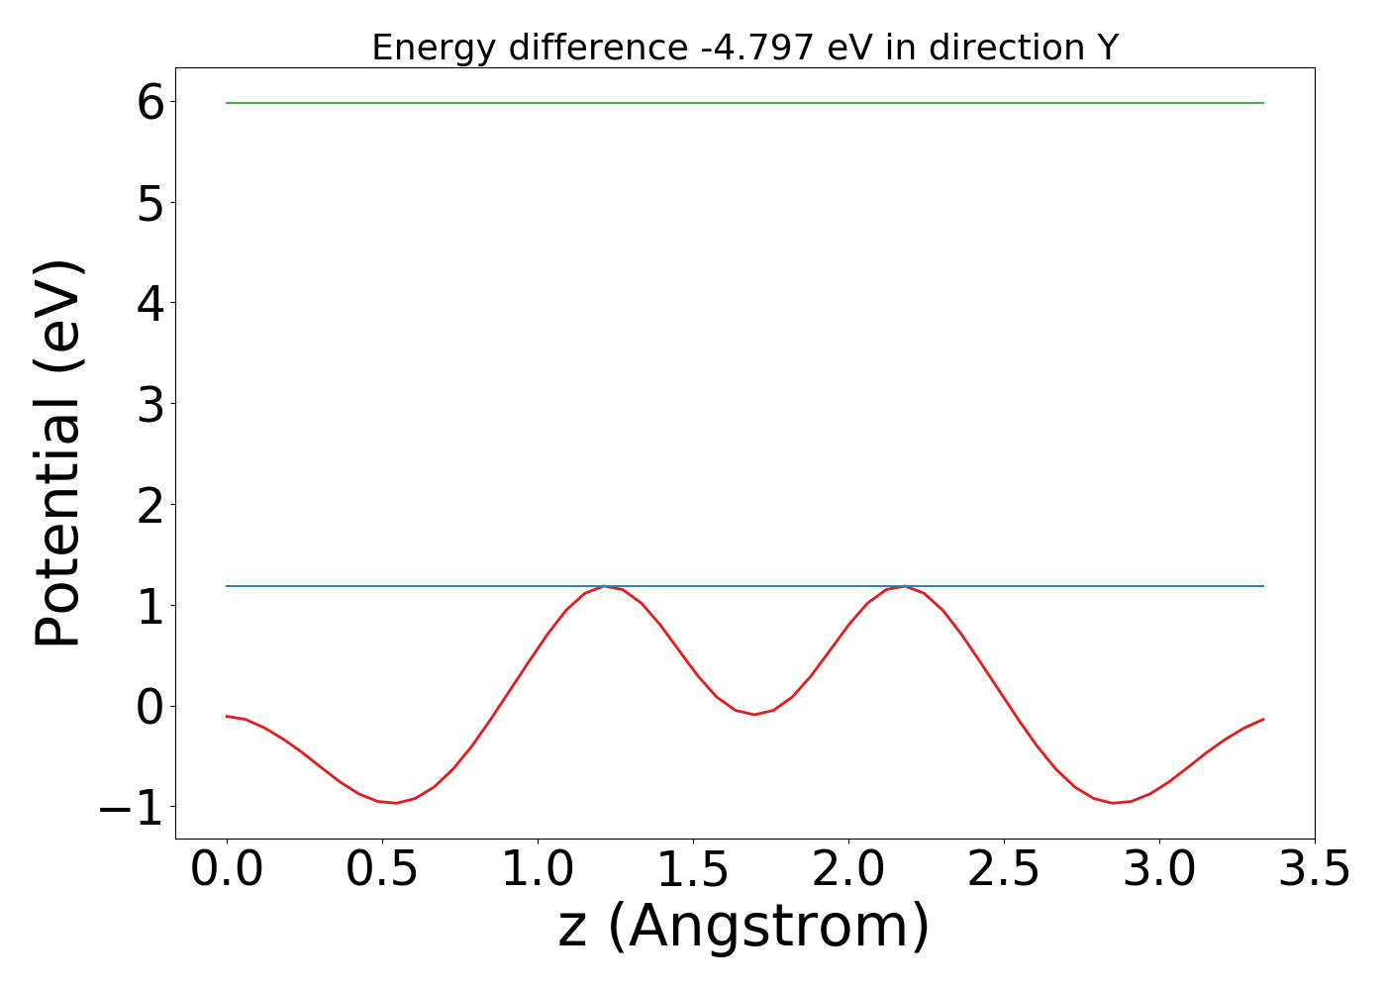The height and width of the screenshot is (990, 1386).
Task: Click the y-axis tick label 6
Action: click(x=150, y=102)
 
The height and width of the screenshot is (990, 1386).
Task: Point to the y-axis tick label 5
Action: click(x=150, y=203)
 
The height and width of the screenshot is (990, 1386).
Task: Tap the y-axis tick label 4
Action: click(x=150, y=304)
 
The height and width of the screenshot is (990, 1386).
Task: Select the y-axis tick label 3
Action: click(x=150, y=405)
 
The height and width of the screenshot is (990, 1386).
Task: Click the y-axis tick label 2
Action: click(x=150, y=506)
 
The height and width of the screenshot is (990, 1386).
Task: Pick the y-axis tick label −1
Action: click(x=131, y=808)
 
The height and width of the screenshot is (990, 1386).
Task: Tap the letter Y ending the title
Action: click(x=1108, y=48)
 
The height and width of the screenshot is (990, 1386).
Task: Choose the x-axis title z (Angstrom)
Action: click(x=744, y=927)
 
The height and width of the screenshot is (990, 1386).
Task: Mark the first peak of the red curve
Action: click(x=604, y=586)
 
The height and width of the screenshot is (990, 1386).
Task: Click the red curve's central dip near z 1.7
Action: click(x=753, y=714)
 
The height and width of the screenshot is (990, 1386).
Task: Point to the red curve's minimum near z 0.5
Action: click(x=396, y=803)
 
